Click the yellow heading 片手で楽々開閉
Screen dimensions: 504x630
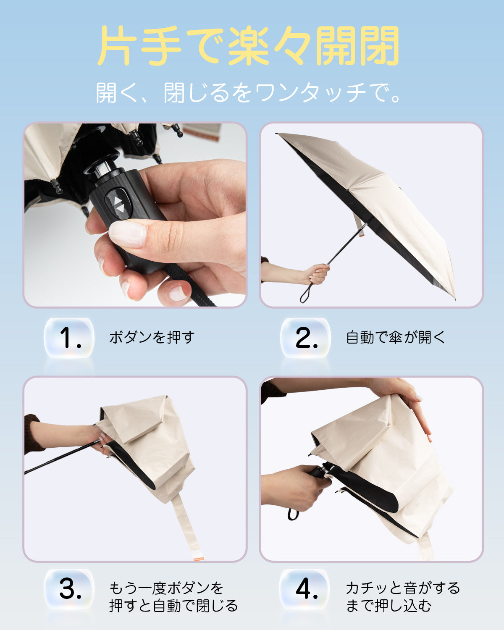click(249, 45)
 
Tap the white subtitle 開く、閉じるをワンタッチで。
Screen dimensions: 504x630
click(249, 93)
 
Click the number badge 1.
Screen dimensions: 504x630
click(69, 338)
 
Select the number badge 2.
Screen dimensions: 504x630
click(305, 338)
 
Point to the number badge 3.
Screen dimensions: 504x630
click(69, 589)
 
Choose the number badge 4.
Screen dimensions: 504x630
click(305, 589)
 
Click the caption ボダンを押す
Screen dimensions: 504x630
click(152, 337)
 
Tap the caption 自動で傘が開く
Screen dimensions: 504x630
click(395, 337)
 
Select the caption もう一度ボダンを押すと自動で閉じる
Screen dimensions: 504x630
click(173, 597)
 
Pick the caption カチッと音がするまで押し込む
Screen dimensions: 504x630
click(403, 597)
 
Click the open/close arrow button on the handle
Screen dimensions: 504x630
click(118, 205)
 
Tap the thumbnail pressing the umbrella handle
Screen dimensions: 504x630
click(135, 215)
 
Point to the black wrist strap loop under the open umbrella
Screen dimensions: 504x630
click(307, 293)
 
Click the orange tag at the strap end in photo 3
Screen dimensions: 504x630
click(199, 559)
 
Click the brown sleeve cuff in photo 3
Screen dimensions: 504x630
click(32, 434)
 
